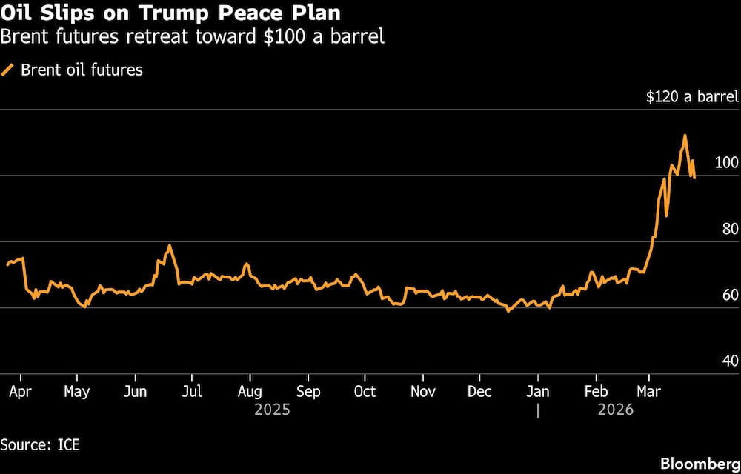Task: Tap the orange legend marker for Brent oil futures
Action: (8, 70)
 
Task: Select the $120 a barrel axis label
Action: (692, 97)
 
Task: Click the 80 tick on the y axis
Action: (730, 229)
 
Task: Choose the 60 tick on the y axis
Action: (730, 295)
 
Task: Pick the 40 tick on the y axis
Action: (730, 361)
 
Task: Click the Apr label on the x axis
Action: (20, 392)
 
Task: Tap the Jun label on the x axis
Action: (134, 392)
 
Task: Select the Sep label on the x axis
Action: (308, 392)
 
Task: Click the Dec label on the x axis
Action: (479, 392)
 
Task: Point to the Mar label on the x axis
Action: (648, 392)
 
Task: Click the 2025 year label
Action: (271, 410)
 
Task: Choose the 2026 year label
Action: (615, 410)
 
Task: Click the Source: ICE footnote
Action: (40, 445)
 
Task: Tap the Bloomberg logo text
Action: (699, 463)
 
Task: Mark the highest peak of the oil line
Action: (685, 135)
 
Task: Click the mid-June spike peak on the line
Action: (170, 245)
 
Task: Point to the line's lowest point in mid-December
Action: (508, 311)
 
